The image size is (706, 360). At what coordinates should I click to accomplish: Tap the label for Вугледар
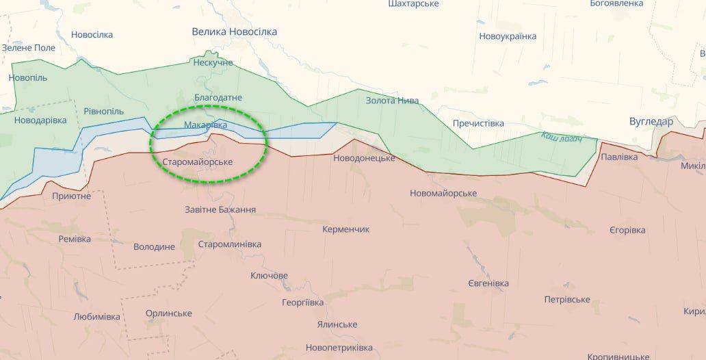pyautogui.click(x=651, y=122)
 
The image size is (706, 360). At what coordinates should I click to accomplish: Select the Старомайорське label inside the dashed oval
pyautogui.click(x=198, y=162)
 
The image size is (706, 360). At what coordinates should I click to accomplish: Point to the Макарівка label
pyautogui.click(x=205, y=125)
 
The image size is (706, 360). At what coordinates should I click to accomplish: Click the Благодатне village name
pyautogui.click(x=218, y=98)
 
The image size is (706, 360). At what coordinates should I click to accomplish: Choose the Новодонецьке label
pyautogui.click(x=364, y=158)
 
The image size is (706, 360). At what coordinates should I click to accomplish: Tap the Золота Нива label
pyautogui.click(x=392, y=101)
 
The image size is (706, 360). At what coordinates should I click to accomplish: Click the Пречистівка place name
pyautogui.click(x=478, y=124)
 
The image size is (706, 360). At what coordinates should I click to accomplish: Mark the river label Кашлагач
pyautogui.click(x=561, y=138)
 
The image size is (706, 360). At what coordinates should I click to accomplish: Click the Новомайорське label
pyautogui.click(x=443, y=193)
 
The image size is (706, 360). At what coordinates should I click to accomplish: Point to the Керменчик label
pyautogui.click(x=345, y=229)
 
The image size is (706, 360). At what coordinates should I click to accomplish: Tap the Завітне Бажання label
pyautogui.click(x=220, y=209)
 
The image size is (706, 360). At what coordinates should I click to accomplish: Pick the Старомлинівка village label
pyautogui.click(x=229, y=244)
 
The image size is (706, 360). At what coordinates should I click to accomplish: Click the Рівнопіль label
pyautogui.click(x=103, y=112)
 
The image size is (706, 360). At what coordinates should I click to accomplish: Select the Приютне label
pyautogui.click(x=71, y=196)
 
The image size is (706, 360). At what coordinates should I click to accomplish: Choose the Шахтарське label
pyautogui.click(x=413, y=3)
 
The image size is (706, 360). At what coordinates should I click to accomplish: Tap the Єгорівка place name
pyautogui.click(x=627, y=230)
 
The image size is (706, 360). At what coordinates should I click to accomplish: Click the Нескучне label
pyautogui.click(x=213, y=63)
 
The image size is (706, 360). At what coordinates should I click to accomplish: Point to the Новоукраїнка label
pyautogui.click(x=508, y=36)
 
